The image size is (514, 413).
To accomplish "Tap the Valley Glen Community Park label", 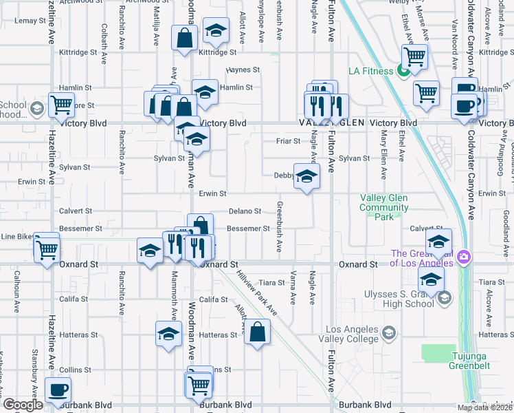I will pos(384,207).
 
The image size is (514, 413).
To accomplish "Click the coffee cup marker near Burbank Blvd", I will pos(58,390).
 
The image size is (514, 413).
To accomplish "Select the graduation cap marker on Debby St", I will pos(306,176).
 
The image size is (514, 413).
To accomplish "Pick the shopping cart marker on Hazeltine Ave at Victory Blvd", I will pos(62,105).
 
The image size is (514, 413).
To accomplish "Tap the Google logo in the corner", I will pos(22,405).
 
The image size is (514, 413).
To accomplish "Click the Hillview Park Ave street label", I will pos(256,291).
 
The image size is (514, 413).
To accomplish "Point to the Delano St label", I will pos(245,211).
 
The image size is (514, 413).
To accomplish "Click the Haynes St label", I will pos(244,70).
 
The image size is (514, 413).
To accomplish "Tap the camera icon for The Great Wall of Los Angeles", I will pos(465,257).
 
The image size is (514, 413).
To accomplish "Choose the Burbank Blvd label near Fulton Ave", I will pos(364,405).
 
